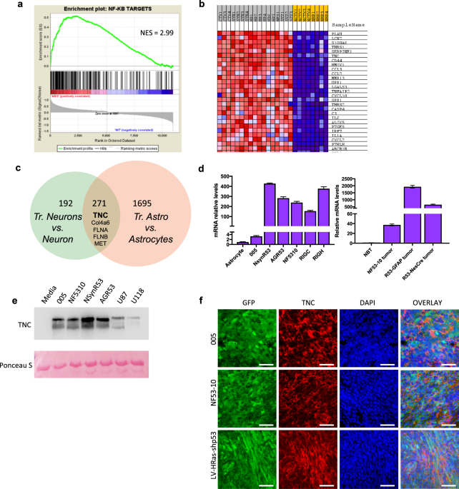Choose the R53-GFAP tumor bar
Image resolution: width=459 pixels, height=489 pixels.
coord(412,214)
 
